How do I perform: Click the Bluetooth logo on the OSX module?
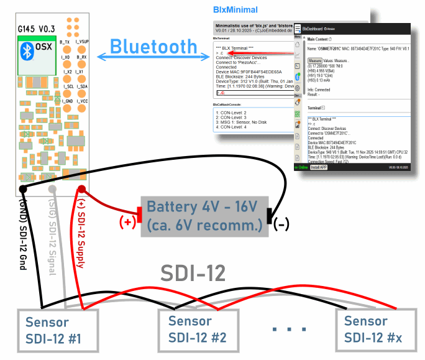click(x=27, y=50)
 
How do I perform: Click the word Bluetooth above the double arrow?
click(x=153, y=47)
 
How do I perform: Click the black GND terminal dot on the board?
click(x=23, y=188)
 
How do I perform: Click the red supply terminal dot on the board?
click(x=81, y=188)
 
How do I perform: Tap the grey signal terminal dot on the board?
click(x=53, y=188)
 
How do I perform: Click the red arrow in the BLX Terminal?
click(x=233, y=54)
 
